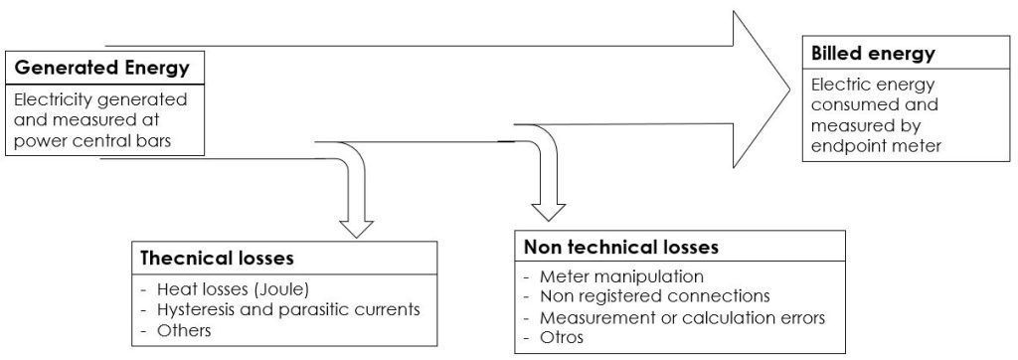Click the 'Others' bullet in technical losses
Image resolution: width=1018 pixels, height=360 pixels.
tap(186, 329)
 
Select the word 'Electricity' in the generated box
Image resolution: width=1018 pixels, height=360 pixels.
tap(58, 100)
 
